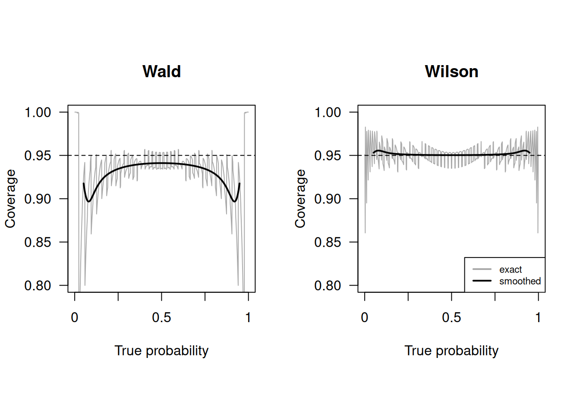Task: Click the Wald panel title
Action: [x=161, y=72]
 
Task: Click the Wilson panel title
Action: [x=451, y=72]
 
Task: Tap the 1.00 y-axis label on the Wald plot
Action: [x=38, y=113]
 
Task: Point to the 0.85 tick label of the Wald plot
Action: [x=38, y=242]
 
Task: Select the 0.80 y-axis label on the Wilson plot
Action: [x=328, y=285]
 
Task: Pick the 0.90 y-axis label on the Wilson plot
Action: [x=328, y=199]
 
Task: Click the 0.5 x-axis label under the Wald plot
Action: [x=161, y=318]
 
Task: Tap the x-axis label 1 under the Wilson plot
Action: [x=538, y=318]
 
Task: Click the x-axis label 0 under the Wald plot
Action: [x=75, y=318]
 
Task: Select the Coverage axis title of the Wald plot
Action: [x=10, y=198]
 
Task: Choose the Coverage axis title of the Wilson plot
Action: [x=300, y=198]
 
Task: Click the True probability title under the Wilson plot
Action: [x=451, y=351]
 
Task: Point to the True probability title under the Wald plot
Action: [x=161, y=351]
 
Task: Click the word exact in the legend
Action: [x=511, y=270]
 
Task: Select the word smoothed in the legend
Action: [x=520, y=281]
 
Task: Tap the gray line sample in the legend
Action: [x=482, y=270]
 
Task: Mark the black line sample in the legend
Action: [x=482, y=281]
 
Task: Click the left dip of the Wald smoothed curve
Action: [x=88, y=201]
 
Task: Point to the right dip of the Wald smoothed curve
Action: [x=234, y=201]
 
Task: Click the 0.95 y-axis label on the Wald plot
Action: [x=38, y=156]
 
